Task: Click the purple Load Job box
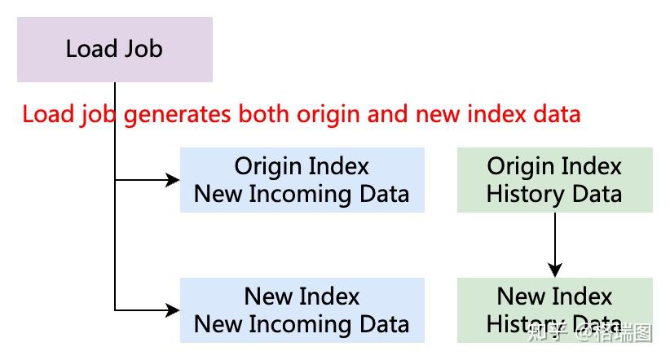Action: (x=114, y=50)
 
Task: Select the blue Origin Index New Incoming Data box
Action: (x=302, y=180)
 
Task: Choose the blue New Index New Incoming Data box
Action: (x=302, y=310)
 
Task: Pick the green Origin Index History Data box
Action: (x=554, y=180)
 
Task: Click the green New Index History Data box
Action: (x=554, y=310)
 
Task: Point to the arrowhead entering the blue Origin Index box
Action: (x=172, y=180)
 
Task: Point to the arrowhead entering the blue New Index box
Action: (x=172, y=310)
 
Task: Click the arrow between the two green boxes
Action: (x=555, y=244)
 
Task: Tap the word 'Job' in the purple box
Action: (x=143, y=49)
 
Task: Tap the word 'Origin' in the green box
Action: (x=517, y=167)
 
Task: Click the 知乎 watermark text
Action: (x=547, y=332)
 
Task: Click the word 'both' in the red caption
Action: (x=262, y=115)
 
